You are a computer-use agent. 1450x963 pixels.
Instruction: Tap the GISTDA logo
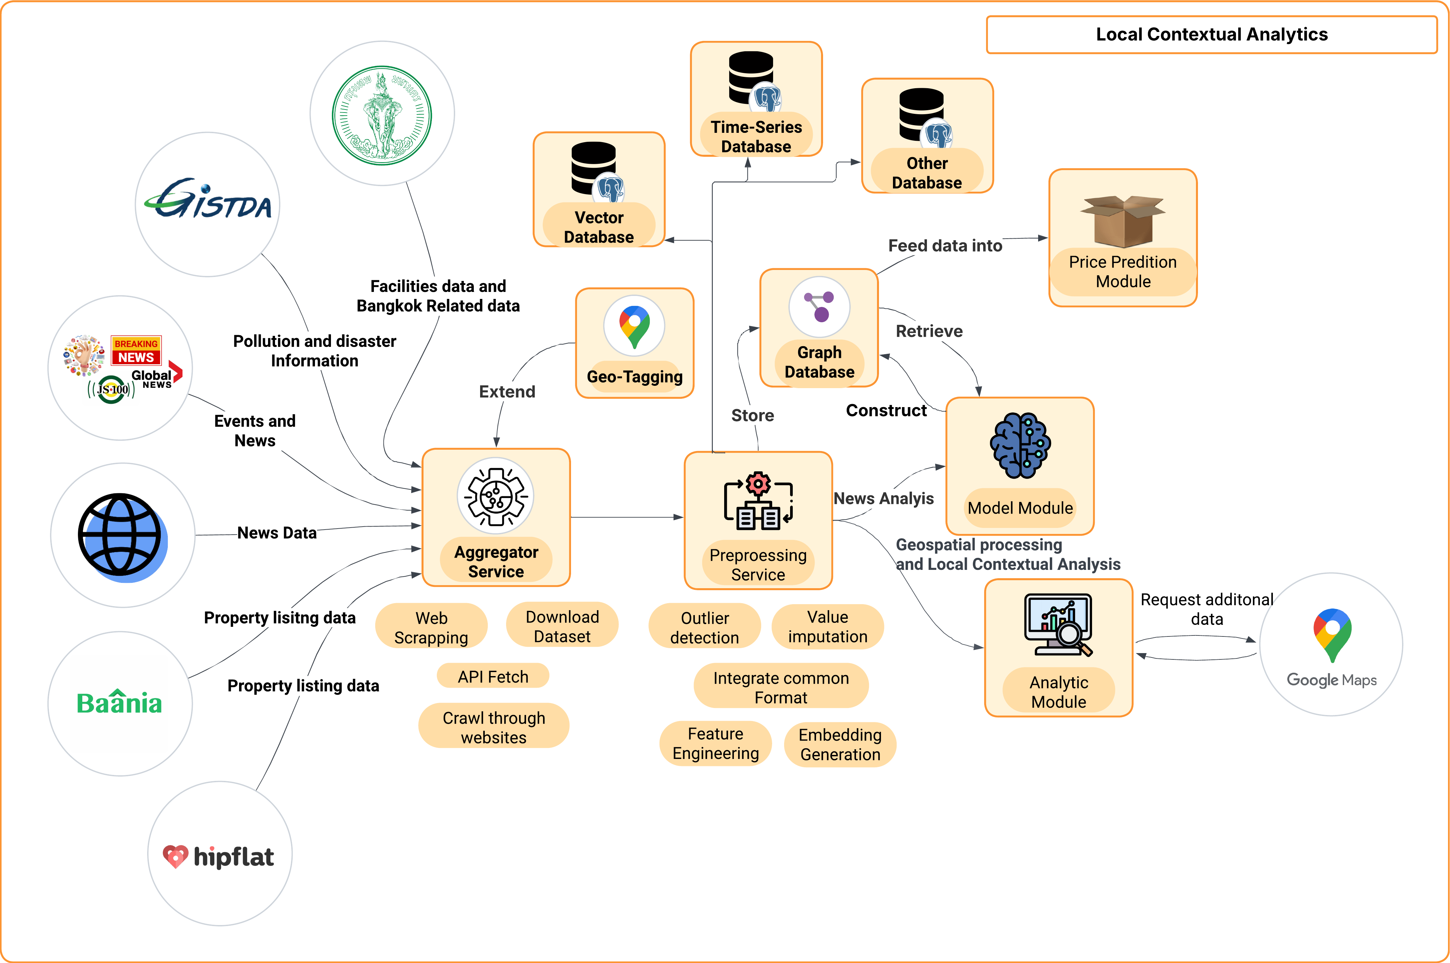click(x=207, y=200)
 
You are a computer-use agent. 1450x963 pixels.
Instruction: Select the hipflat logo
click(x=219, y=855)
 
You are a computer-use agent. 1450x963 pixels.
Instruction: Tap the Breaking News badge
click(x=136, y=351)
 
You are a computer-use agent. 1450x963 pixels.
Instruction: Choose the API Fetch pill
click(x=492, y=676)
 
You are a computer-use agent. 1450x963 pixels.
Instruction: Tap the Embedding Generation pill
click(x=840, y=744)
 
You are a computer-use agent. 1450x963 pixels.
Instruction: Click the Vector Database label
click(x=599, y=227)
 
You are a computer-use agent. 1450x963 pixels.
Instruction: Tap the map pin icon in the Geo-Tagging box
click(x=634, y=326)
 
